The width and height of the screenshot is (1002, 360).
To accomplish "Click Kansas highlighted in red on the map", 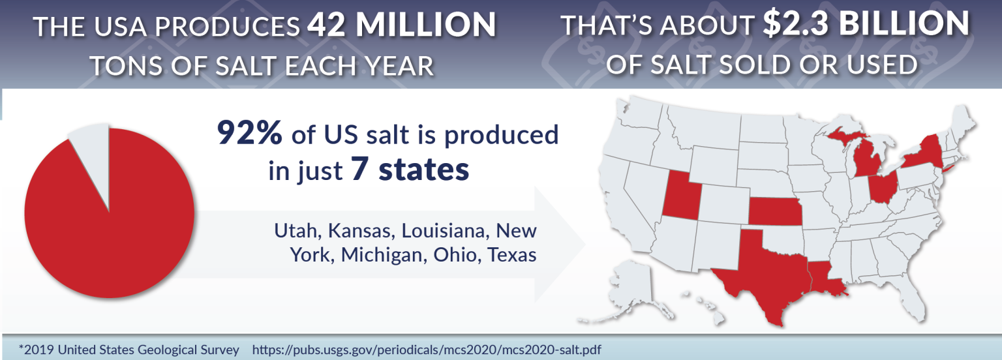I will click(x=774, y=210).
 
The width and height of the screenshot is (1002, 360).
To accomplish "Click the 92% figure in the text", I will click(x=249, y=134).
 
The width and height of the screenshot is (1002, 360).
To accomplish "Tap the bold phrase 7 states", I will click(x=410, y=170).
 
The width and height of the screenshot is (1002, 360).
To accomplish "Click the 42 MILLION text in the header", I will click(x=401, y=26).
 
